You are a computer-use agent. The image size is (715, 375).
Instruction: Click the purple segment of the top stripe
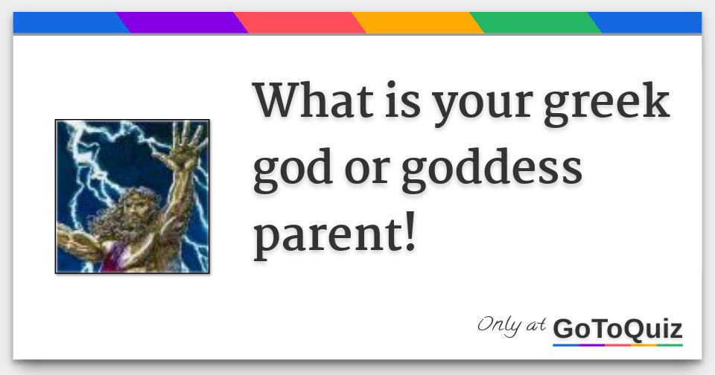coord(182,23)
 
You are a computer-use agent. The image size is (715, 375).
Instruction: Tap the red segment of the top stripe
coord(299,23)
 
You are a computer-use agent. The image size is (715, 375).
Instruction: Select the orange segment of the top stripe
coord(418,23)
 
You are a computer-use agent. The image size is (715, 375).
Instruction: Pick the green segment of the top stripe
coord(536,23)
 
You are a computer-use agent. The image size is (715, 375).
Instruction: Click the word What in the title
coord(314,100)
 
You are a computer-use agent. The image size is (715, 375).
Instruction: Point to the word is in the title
coord(403,100)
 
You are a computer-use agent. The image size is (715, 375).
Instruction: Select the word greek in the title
coord(607,103)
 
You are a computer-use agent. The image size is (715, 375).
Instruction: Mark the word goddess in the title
coord(492,168)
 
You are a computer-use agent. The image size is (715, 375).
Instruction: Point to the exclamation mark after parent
coord(410,231)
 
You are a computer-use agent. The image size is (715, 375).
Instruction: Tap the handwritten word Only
coord(499,326)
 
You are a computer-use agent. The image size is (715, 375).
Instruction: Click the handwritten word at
coord(536,325)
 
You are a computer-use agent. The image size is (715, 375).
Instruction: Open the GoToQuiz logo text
coord(618,329)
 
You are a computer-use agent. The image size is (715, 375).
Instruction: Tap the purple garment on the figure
coord(113,257)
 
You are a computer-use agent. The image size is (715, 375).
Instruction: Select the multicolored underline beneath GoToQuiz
coord(618,345)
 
